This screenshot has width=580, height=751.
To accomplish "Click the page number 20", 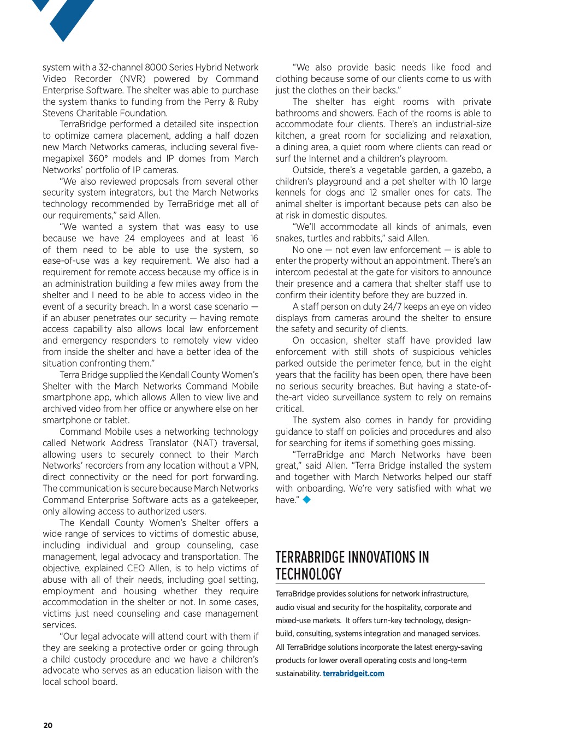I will (x=48, y=725).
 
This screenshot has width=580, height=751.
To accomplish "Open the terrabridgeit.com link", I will (x=353, y=673).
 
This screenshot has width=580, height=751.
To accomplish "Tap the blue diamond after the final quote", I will (x=306, y=499).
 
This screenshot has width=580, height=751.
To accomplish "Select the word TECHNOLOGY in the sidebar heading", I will (x=309, y=574).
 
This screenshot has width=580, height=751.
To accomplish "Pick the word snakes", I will (x=289, y=238).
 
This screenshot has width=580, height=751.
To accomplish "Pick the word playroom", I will (x=428, y=159).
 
